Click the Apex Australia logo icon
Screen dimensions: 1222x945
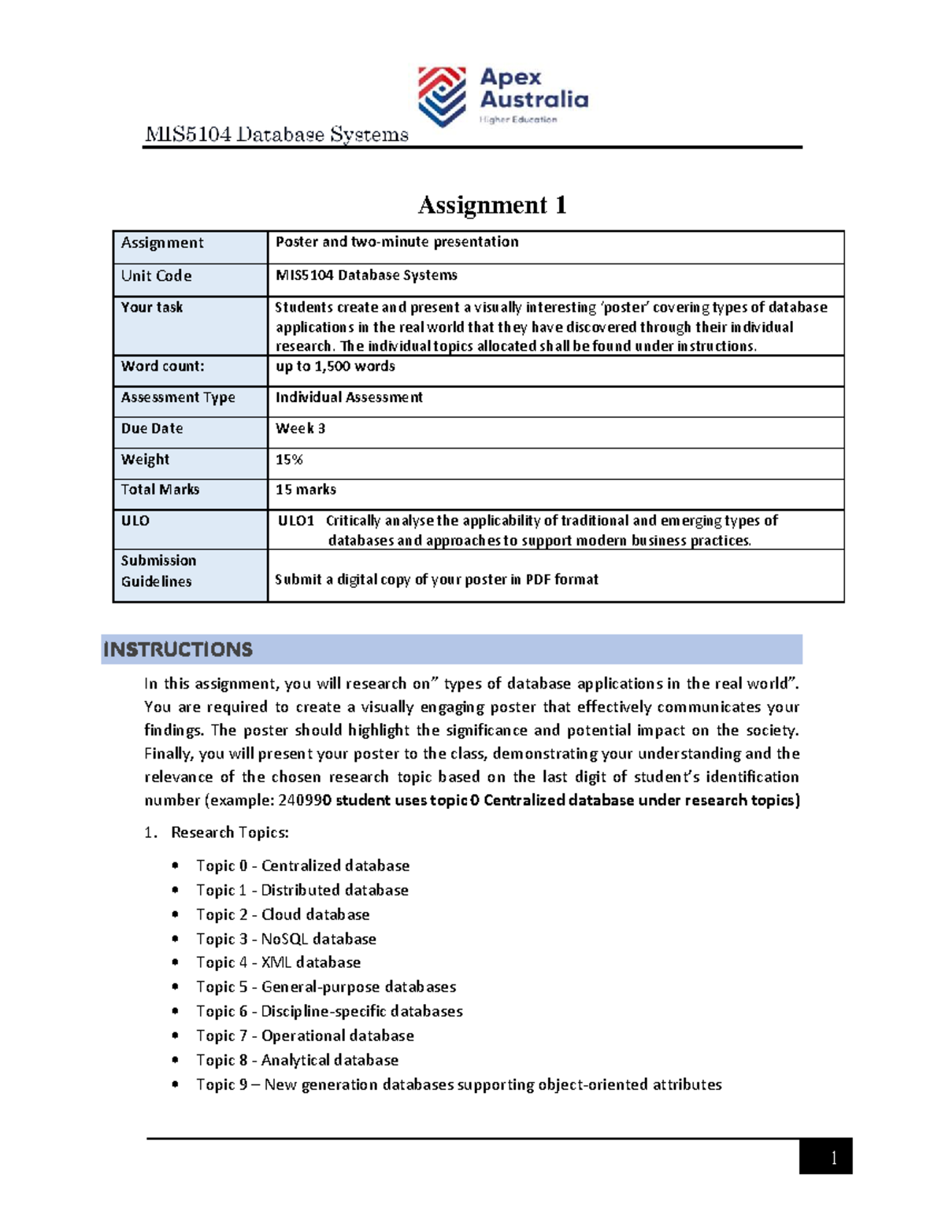pyautogui.click(x=442, y=96)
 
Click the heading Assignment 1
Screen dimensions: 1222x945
pyautogui.click(x=492, y=205)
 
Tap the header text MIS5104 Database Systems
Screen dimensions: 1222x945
pyautogui.click(x=276, y=135)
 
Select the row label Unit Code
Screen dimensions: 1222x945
pyautogui.click(x=156, y=276)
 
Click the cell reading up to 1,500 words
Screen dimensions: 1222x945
pyautogui.click(x=335, y=367)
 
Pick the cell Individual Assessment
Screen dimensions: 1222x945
pyautogui.click(x=349, y=397)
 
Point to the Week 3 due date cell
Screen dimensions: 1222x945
pyautogui.click(x=300, y=429)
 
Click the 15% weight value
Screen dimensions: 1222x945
pyautogui.click(x=289, y=460)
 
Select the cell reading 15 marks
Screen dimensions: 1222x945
pyautogui.click(x=306, y=490)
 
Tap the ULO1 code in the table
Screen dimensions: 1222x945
pyautogui.click(x=296, y=521)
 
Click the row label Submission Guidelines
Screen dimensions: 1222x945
pyautogui.click(x=157, y=571)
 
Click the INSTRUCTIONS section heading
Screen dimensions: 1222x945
pyautogui.click(x=178, y=650)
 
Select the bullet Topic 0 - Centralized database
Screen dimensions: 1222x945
pyautogui.click(x=302, y=866)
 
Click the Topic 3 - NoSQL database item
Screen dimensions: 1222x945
pyautogui.click(x=286, y=939)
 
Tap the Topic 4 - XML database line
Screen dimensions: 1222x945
pyautogui.click(x=278, y=962)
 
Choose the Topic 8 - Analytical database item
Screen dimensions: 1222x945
pyautogui.click(x=297, y=1060)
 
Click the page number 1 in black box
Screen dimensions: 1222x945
pyautogui.click(x=832, y=1157)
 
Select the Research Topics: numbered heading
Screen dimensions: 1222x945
pyautogui.click(x=229, y=833)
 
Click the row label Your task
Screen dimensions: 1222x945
pyautogui.click(x=152, y=308)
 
